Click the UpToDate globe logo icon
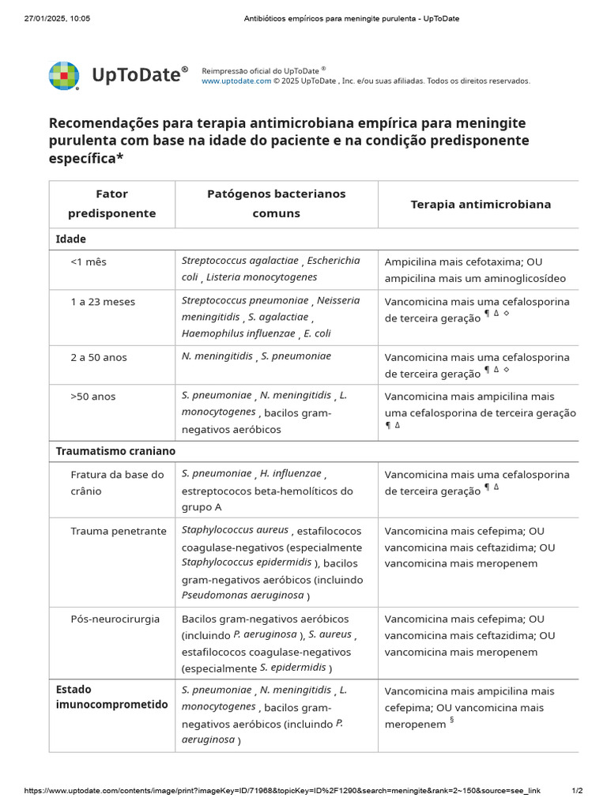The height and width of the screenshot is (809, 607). coord(64,76)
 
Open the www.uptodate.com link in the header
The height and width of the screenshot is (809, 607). coord(236,81)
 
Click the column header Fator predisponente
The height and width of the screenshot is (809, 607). coord(111,204)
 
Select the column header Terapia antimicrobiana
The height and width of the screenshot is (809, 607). coord(481,205)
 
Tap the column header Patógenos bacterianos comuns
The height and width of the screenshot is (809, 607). coord(276,204)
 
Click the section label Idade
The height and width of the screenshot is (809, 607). coord(71,239)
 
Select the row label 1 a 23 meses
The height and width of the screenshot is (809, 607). coord(103,302)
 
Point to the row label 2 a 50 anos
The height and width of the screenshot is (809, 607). coord(99,357)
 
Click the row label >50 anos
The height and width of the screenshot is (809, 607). coord(93,397)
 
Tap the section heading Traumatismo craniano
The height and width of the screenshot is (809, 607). coord(115,451)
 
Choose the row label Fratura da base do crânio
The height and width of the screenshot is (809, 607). coord(117,483)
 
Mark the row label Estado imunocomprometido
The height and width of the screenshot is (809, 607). coord(111,697)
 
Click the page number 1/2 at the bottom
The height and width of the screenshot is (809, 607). coord(577,791)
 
